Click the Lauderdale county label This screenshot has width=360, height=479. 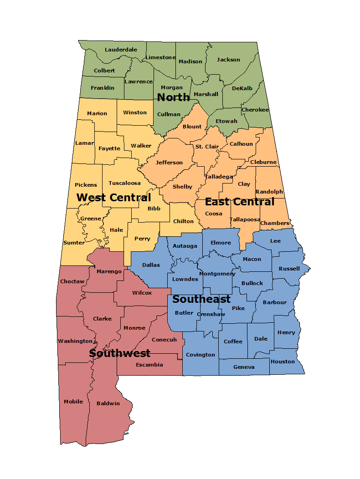coord(121,50)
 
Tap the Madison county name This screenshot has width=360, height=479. coord(190,61)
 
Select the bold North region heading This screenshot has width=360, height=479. coord(173,97)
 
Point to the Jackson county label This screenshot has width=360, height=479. coord(228,60)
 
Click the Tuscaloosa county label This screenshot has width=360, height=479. coord(124,183)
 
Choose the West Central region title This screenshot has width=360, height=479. coord(113,198)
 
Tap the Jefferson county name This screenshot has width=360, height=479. coord(169,163)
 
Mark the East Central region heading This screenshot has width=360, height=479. coord(240,202)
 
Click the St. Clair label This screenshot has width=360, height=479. coord(207,147)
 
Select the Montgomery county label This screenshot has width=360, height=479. coord(217,274)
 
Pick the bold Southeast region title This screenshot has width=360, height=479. coord(201,299)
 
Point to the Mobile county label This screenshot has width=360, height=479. coord(73,402)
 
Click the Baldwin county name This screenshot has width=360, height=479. coord(108,403)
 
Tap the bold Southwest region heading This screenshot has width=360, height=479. coord(120,353)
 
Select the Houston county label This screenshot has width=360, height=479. coord(283,362)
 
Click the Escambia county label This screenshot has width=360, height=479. coord(149,365)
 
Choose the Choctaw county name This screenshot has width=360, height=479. coord(72,281)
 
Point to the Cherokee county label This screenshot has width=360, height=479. coord(255,110)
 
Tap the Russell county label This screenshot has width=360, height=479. coord(289,269)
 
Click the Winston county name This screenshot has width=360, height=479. coord(135,112)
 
